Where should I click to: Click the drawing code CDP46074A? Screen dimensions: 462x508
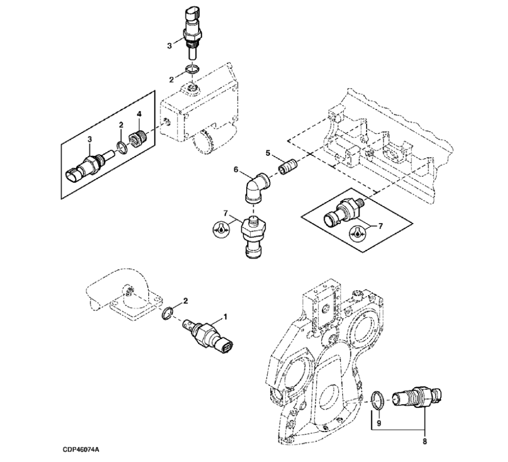tap(81, 450)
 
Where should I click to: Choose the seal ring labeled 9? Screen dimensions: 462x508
tap(378, 398)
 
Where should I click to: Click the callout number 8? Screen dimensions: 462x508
tap(424, 440)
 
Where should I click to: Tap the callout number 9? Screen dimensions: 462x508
tap(379, 423)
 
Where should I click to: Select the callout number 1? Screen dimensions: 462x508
tap(225, 316)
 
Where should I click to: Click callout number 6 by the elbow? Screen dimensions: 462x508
tap(236, 169)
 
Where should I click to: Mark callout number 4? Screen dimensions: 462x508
tap(139, 114)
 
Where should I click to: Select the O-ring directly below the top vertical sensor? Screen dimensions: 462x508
tap(193, 69)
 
